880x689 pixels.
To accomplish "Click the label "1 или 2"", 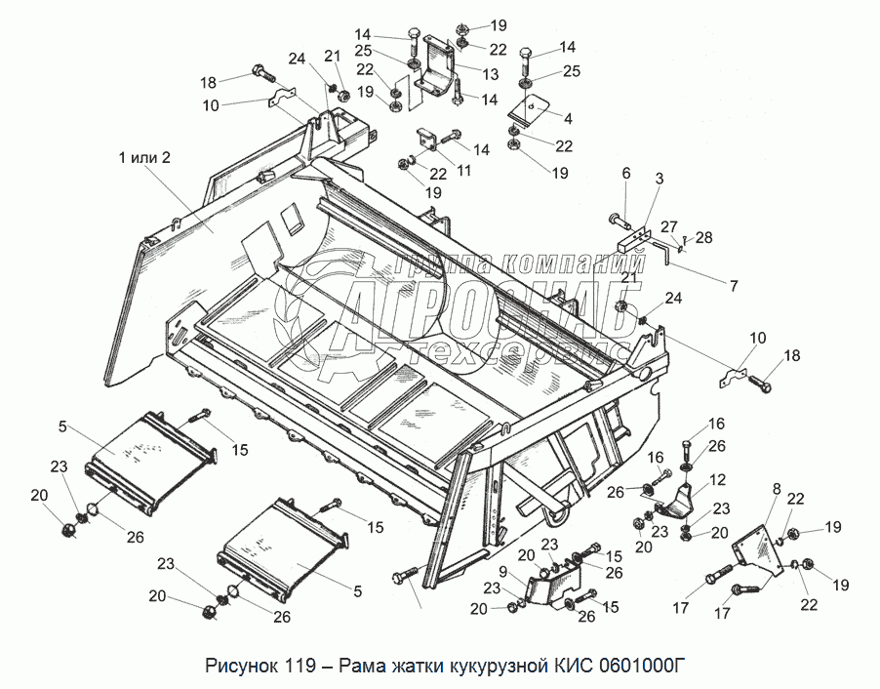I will (144, 158).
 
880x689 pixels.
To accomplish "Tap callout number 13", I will (491, 74).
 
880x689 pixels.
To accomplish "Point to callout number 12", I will (717, 479).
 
